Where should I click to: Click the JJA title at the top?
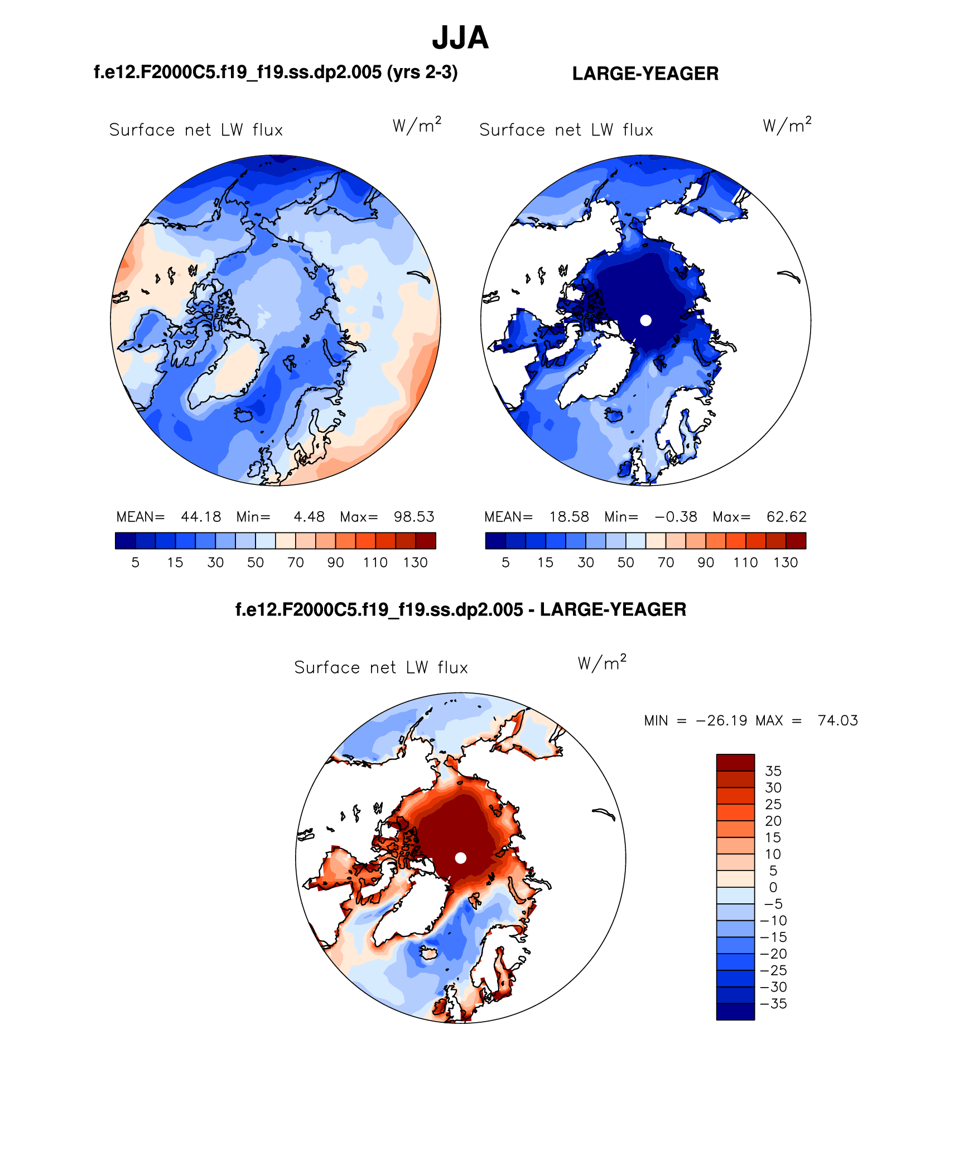[x=460, y=38]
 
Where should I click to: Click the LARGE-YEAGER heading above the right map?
[x=645, y=74]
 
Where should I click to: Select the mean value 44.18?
[x=201, y=517]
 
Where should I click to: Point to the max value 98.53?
[x=414, y=517]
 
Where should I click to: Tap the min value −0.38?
[x=676, y=517]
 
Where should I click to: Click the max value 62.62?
[x=786, y=517]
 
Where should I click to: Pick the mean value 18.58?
[x=569, y=517]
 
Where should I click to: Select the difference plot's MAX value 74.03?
[x=837, y=720]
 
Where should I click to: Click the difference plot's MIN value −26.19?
[x=721, y=720]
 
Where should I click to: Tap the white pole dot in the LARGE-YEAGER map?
[x=645, y=320]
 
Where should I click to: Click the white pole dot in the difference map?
[x=460, y=858]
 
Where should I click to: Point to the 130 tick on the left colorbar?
[x=415, y=562]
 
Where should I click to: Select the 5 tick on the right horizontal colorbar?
[x=505, y=562]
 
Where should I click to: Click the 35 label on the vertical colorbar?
[x=773, y=771]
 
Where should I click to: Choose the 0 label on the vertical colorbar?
[x=773, y=888]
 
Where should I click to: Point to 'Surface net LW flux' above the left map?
[x=196, y=130]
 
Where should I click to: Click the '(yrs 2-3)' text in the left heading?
[x=422, y=73]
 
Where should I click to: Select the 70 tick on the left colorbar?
[x=295, y=562]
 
